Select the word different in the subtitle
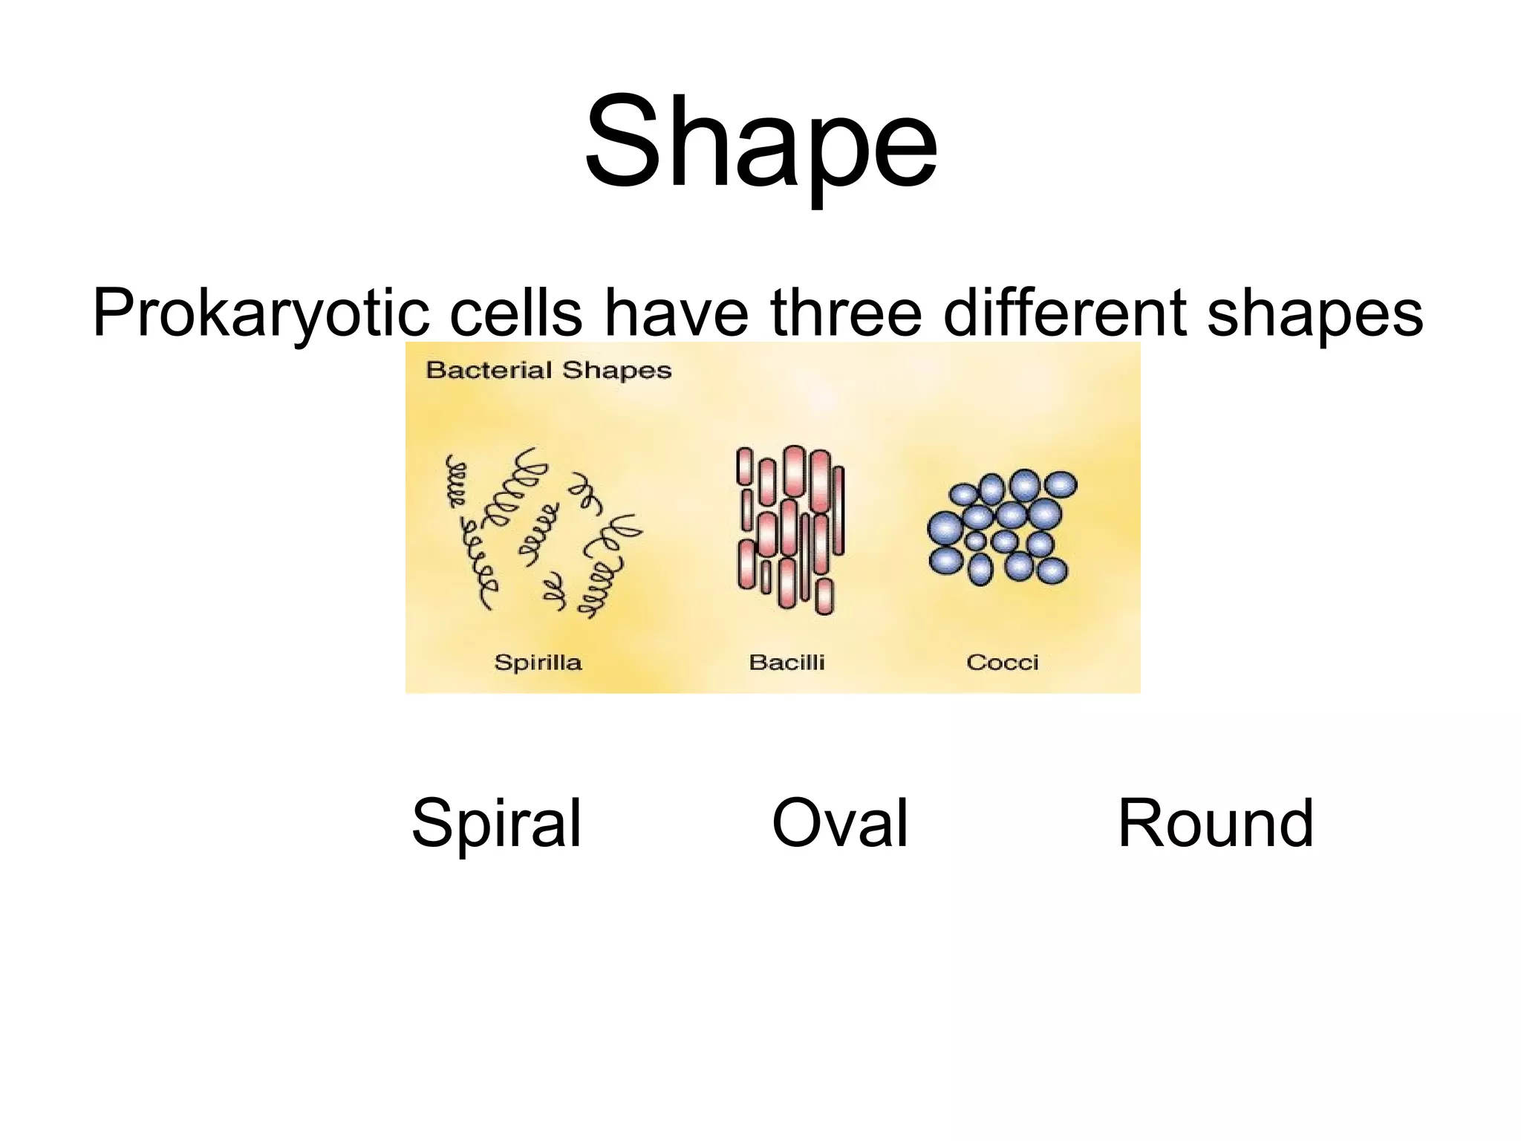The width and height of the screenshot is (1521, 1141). pyautogui.click(x=1066, y=313)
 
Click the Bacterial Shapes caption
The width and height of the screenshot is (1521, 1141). pyautogui.click(x=548, y=370)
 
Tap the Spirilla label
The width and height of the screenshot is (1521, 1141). pyautogui.click(x=538, y=662)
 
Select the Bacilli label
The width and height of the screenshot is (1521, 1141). pyautogui.click(x=786, y=662)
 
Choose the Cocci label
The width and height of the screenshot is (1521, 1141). pyautogui.click(x=1002, y=662)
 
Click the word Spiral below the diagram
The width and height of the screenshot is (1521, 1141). pyautogui.click(x=496, y=823)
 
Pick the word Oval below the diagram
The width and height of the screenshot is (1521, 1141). pyautogui.click(x=840, y=822)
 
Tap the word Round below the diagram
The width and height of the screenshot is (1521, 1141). pyautogui.click(x=1216, y=822)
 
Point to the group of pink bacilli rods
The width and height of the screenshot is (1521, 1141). pyautogui.click(x=790, y=529)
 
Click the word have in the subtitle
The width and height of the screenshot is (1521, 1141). pyautogui.click(x=676, y=313)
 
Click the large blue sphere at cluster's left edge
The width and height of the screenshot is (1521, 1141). pyautogui.click(x=945, y=528)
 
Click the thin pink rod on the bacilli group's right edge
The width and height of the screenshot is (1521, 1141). pyautogui.click(x=839, y=510)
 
